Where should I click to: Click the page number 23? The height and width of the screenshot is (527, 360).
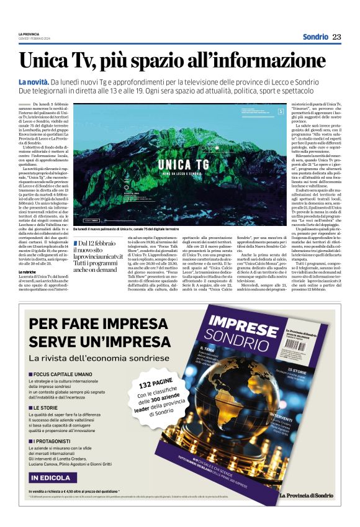click(336, 37)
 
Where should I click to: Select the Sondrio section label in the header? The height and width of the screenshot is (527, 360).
click(313, 37)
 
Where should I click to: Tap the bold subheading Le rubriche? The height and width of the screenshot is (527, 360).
click(28, 272)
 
